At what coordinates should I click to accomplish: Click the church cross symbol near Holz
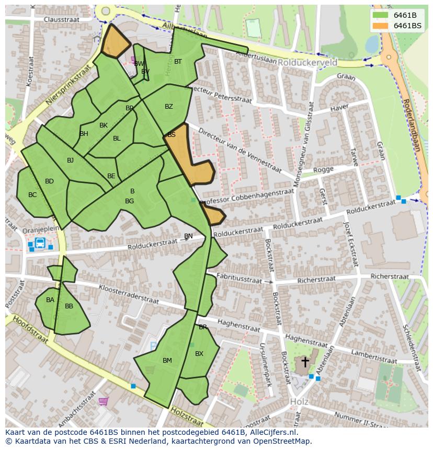[x=305, y=362]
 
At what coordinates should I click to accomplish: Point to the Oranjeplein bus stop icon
[x=40, y=243]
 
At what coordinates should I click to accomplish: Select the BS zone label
[x=172, y=135]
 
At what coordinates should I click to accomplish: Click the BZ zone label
[x=168, y=107]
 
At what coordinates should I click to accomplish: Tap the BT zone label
[x=178, y=62]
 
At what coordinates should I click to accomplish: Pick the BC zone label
[x=32, y=195]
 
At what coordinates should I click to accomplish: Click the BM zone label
[x=167, y=361]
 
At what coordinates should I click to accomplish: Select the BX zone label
[x=199, y=354]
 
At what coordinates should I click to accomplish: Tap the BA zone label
[x=50, y=300]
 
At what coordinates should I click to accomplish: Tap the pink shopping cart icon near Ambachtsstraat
[x=104, y=401]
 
